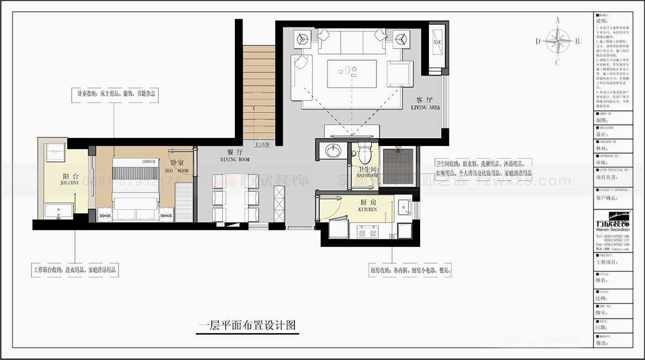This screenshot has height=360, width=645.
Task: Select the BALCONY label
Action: (x=69, y=182)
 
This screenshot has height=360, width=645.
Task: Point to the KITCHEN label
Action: (x=367, y=210)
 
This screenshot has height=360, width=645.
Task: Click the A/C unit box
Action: (x=437, y=43)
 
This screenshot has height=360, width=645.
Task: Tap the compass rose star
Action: (x=557, y=41)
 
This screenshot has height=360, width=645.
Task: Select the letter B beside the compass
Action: (x=577, y=41)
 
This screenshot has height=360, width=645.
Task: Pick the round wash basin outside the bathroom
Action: (x=333, y=151)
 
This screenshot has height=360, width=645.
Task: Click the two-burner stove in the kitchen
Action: (x=368, y=232)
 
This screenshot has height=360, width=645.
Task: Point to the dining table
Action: (x=235, y=197)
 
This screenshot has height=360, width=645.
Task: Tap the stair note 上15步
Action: (x=261, y=144)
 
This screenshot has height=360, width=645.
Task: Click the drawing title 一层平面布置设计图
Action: (x=247, y=325)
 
